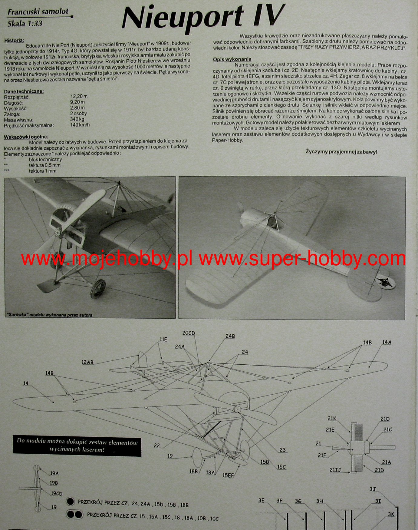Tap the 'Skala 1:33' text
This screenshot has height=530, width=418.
pyautogui.click(x=25, y=24)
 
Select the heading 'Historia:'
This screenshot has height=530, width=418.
pyautogui.click(x=14, y=40)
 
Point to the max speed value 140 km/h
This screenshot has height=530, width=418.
pyautogui.click(x=80, y=125)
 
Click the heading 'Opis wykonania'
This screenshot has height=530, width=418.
pyautogui.click(x=232, y=59)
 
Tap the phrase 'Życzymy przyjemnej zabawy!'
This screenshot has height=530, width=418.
pyautogui.click(x=341, y=152)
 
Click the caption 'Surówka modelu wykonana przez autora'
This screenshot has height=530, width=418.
pyautogui.click(x=49, y=315)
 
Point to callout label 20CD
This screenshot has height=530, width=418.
pyautogui.click(x=189, y=333)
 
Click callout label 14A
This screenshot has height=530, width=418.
pyautogui.click(x=387, y=342)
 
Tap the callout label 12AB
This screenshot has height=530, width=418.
pyautogui.click(x=87, y=362)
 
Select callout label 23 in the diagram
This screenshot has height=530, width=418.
pyautogui.click(x=282, y=450)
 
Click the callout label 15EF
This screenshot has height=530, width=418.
pyautogui.click(x=228, y=475)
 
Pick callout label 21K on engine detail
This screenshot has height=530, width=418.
pyautogui.click(x=332, y=419)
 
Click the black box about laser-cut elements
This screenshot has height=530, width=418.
pyautogui.click(x=77, y=446)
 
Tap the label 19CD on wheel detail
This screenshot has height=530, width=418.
pyautogui.click(x=57, y=494)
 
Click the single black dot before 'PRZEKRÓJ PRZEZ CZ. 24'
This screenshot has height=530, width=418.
pyautogui.click(x=71, y=502)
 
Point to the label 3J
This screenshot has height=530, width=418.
pyautogui.click(x=373, y=489)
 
